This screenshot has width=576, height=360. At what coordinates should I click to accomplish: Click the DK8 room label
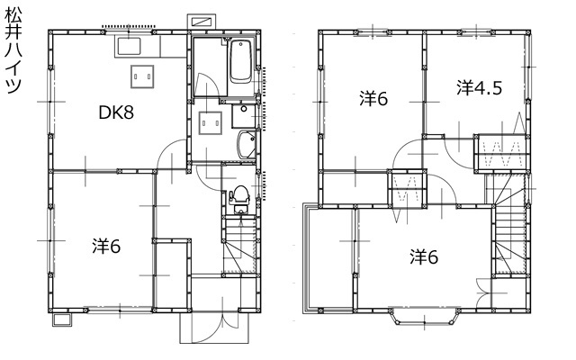116,112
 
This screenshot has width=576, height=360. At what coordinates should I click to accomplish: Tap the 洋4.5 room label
480,88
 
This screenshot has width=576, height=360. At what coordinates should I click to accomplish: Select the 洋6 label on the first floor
106,246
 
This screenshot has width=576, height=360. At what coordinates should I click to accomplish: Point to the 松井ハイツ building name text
13,50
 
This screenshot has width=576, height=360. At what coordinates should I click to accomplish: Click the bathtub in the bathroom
241,61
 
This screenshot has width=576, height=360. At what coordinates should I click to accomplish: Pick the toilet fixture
240,199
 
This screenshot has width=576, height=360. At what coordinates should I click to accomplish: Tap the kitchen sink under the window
129,47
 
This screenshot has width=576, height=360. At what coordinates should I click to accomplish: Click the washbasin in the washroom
247,144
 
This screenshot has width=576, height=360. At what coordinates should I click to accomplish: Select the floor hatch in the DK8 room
142,76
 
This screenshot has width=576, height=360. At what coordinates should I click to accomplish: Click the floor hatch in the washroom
211,123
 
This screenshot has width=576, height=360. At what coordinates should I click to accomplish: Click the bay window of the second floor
425,317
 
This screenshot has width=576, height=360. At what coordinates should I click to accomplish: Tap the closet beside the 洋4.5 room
502,152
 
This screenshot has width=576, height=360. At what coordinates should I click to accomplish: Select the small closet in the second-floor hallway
408,188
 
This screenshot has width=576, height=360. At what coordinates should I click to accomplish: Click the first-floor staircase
240,245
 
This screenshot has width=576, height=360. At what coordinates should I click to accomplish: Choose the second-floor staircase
510,224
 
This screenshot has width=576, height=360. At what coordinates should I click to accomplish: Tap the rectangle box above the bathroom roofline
202,21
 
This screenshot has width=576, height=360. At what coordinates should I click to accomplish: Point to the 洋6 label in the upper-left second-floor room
373,98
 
